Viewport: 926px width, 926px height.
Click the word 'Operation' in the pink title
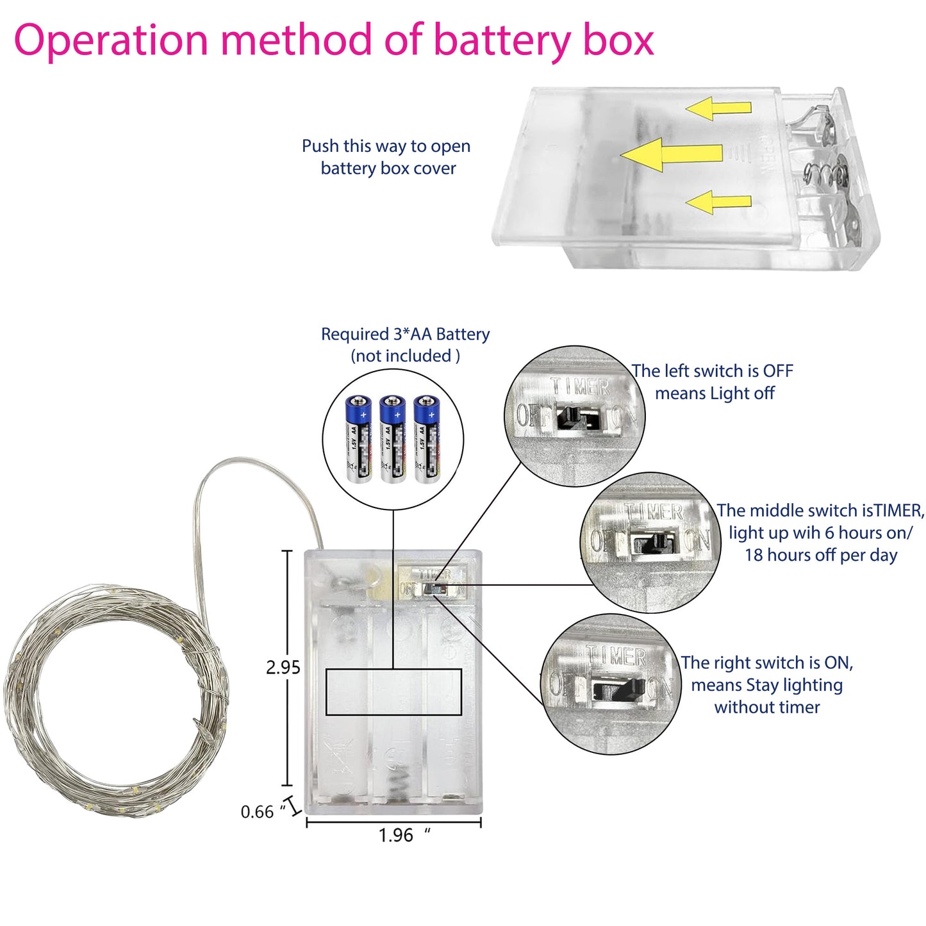pos(111,40)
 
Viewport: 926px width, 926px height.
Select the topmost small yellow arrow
pos(718,108)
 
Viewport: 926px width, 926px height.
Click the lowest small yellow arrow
pos(718,202)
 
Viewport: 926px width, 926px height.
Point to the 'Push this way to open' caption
pos(386,146)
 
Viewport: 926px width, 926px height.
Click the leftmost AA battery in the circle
pos(358,438)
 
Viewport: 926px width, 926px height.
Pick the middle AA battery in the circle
pos(392,438)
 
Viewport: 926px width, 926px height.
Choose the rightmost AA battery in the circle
pos(427,438)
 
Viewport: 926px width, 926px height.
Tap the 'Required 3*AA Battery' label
pos(405,334)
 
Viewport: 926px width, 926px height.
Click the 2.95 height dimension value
pos(283,668)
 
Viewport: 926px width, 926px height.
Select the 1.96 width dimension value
pos(396,836)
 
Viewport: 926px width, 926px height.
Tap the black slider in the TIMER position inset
pos(655,543)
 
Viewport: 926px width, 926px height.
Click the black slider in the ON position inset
pos(618,689)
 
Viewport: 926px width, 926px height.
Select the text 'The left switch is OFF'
pos(712,371)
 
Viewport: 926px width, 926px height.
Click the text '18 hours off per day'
pos(820,555)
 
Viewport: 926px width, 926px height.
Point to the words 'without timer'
pos(766,707)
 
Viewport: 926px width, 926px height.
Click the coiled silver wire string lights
pos(115,699)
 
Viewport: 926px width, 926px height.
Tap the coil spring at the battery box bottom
pos(399,782)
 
